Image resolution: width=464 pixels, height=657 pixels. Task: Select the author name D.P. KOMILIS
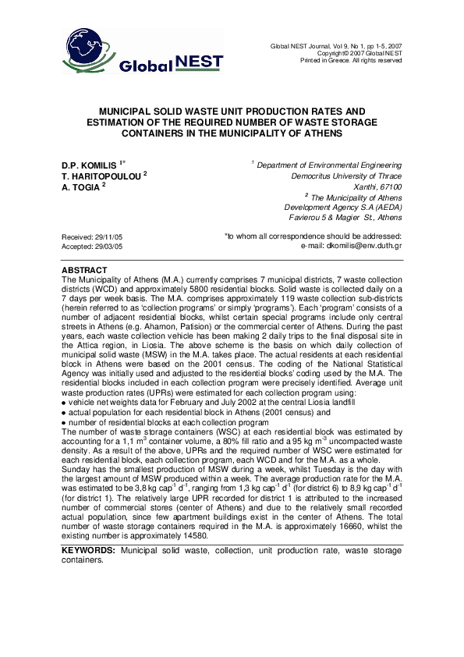(x=88, y=166)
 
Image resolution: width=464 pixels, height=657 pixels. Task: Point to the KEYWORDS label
(x=88, y=551)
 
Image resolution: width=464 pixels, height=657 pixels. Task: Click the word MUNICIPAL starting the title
(x=133, y=112)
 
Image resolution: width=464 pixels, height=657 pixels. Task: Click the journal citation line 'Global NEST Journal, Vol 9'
(x=336, y=46)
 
